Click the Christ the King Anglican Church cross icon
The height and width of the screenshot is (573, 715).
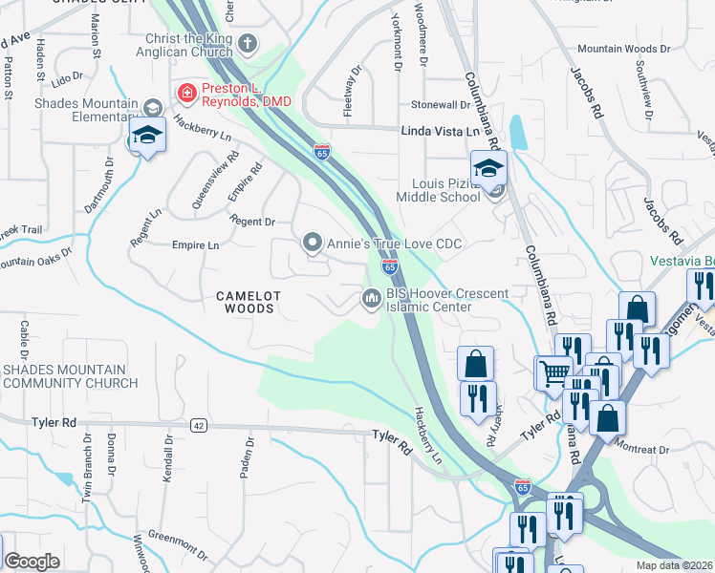tap(248, 43)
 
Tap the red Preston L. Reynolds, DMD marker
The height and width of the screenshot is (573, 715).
tap(185, 93)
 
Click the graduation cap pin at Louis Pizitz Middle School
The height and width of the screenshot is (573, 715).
tap(488, 169)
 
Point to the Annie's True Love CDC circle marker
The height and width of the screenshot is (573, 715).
tap(313, 244)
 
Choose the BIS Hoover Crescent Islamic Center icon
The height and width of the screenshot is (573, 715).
tap(371, 300)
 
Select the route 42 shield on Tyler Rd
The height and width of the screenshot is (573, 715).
tap(198, 425)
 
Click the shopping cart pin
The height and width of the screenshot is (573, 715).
tap(553, 371)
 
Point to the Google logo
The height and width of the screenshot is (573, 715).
tap(32, 562)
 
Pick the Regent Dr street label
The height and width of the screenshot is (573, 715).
tap(252, 222)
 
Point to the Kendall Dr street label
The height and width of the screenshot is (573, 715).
tap(168, 458)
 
